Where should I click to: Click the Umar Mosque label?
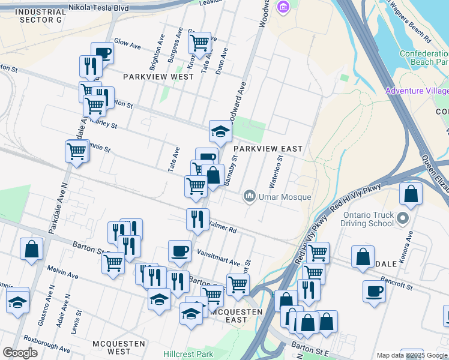click(285, 197)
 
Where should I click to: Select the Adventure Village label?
click(417, 91)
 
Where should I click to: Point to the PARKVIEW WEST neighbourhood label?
click(158, 77)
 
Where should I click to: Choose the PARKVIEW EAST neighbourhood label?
click(268, 148)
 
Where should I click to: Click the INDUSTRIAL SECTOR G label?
click(41, 16)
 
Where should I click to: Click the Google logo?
click(20, 353)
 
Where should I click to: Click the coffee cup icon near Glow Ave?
click(102, 54)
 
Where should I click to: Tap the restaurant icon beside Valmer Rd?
click(197, 220)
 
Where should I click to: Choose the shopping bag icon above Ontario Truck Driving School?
click(411, 194)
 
